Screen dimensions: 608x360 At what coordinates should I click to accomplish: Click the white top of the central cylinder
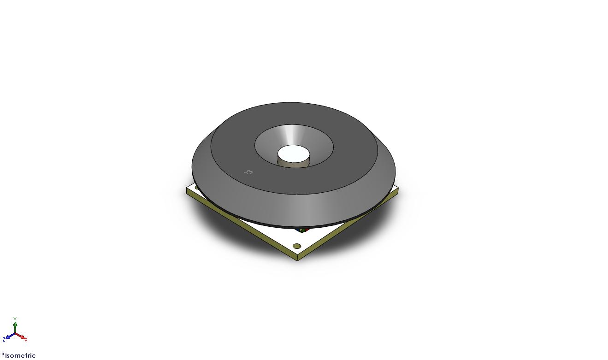(x=294, y=154)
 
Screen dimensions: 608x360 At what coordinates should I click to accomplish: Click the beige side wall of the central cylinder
(x=294, y=164)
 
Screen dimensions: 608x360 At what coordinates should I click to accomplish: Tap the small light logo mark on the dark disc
(x=248, y=172)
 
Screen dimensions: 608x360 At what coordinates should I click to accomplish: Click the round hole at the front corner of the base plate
(x=297, y=246)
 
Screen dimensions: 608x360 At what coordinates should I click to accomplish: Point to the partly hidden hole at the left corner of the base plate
(x=197, y=187)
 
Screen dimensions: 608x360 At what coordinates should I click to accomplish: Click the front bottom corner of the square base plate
(x=297, y=261)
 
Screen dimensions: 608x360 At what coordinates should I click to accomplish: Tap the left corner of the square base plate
(x=187, y=189)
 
